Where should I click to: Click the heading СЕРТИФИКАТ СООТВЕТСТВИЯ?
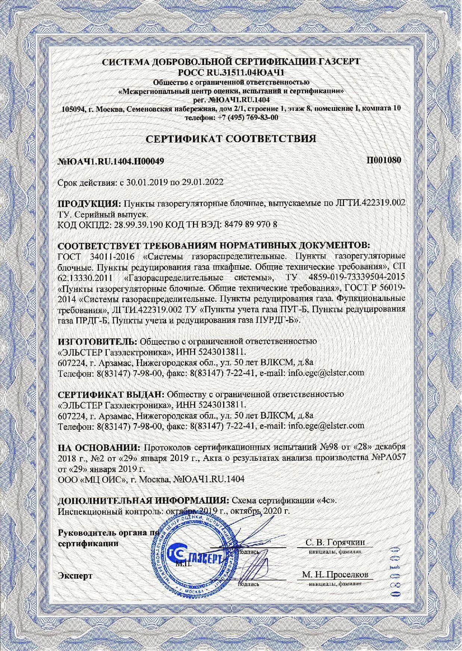click(231, 139)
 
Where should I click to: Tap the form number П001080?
click(384, 160)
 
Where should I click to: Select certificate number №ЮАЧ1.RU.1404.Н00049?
click(111, 161)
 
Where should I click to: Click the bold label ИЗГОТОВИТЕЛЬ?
click(98, 341)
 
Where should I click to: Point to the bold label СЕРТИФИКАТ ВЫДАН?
click(112, 394)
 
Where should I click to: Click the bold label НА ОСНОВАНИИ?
click(100, 447)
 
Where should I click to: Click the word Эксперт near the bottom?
click(75, 576)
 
